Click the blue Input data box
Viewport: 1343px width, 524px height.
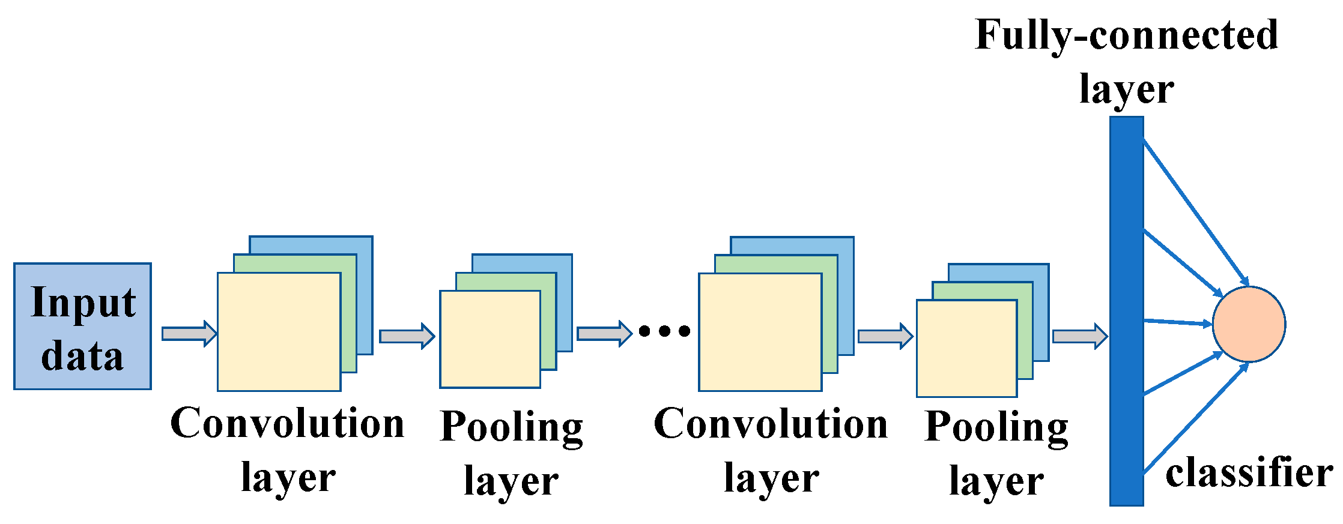[82, 326]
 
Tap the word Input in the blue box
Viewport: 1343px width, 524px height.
[83, 302]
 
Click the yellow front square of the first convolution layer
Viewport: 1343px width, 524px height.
[279, 332]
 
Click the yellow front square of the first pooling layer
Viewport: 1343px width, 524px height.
[490, 339]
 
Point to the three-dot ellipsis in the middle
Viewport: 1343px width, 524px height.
[664, 331]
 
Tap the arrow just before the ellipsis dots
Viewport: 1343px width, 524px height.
[604, 333]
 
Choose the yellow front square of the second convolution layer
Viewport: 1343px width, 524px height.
[760, 332]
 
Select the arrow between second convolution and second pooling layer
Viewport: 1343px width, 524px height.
[885, 336]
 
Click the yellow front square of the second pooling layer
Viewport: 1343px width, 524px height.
[966, 348]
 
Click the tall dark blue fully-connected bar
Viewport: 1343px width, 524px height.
[1126, 311]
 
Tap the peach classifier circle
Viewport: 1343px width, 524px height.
[1249, 324]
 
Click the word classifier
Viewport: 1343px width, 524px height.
[1249, 473]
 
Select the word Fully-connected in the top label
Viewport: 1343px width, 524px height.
[1126, 35]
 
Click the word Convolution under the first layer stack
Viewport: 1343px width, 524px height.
[287, 423]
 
